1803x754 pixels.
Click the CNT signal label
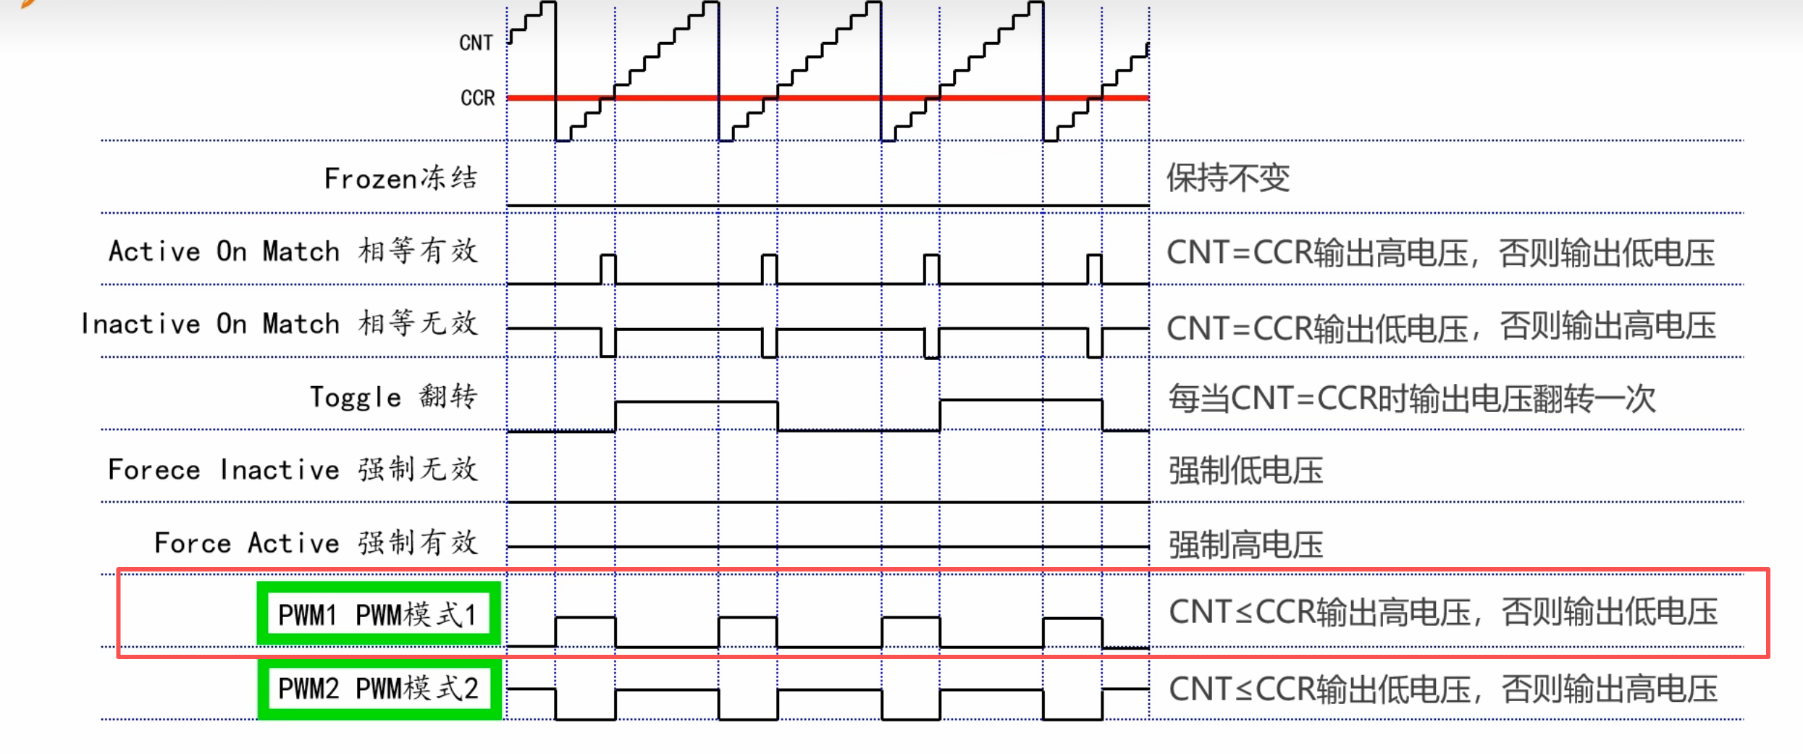pos(476,43)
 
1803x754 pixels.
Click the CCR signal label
pos(477,98)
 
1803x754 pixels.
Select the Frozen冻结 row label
pos(400,178)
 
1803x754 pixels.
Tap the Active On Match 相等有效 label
pos(293,251)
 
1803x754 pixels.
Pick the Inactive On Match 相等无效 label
pos(280,324)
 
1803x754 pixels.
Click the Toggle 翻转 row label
pos(393,397)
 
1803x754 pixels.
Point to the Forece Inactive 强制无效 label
pos(293,470)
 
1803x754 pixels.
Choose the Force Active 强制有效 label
pos(316,543)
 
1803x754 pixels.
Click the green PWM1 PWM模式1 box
pos(379,614)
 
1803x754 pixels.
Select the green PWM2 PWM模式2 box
pos(379,688)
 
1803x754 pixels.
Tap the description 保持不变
pos(1228,178)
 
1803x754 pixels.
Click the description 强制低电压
pos(1245,471)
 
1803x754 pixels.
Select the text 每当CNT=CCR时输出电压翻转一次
pos(1412,398)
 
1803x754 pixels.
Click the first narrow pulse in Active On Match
pos(608,269)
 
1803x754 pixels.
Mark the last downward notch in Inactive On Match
pos(1095,343)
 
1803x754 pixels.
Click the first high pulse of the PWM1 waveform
pos(585,631)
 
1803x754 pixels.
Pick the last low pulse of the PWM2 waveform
pos(1073,704)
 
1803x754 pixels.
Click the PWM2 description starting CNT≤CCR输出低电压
pos(1442,690)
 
